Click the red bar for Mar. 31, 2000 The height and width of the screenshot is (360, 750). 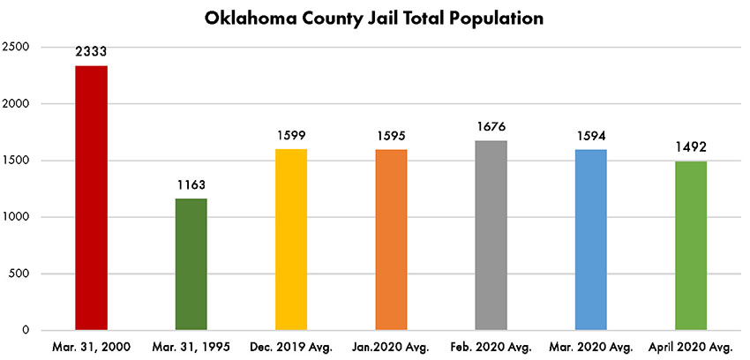(91, 198)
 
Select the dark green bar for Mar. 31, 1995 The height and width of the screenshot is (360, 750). (191, 264)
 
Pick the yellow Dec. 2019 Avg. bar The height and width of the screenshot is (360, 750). (291, 239)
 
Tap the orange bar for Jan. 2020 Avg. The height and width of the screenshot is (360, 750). (391, 239)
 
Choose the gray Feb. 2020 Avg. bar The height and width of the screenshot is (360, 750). (491, 235)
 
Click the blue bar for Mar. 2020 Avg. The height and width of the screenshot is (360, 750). (591, 239)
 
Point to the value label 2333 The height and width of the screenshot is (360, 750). (91, 52)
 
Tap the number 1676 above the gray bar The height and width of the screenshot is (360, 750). (491, 126)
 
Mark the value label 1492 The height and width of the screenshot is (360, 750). (691, 147)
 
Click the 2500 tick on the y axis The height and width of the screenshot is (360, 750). (17, 47)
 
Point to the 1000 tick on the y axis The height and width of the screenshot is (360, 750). (17, 217)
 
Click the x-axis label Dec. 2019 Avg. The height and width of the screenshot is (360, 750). (291, 347)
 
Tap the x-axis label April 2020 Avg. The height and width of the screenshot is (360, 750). (691, 347)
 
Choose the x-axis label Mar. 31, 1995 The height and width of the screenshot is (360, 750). (191, 347)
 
